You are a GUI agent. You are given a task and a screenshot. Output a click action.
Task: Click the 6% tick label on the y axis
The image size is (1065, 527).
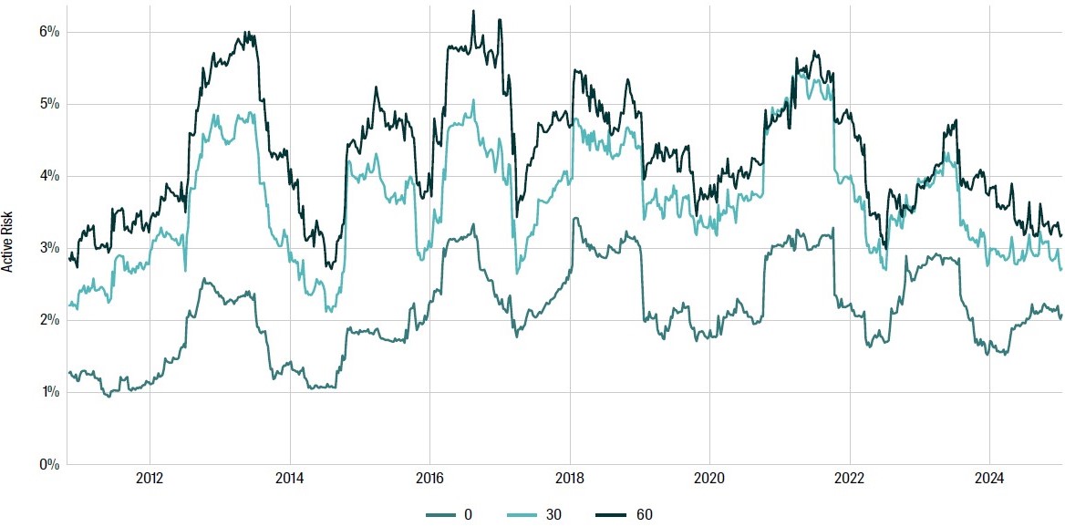coord(48,32)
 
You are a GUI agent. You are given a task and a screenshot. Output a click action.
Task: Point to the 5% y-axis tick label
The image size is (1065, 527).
coord(48,104)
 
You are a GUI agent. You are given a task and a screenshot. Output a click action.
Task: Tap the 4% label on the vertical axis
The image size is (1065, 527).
coord(48,176)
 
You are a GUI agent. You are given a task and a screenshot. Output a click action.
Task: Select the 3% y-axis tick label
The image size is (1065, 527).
coord(48,248)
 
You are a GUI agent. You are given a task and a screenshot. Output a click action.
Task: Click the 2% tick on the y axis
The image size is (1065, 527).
coord(48,320)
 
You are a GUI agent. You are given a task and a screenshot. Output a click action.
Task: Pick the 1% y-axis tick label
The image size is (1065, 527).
coord(48,392)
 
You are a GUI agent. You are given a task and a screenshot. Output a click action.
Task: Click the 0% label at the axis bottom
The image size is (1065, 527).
coord(48,464)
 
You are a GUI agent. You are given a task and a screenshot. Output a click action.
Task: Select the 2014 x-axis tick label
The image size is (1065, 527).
coord(289,478)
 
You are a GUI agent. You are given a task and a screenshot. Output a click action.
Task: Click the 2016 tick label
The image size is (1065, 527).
coord(429,478)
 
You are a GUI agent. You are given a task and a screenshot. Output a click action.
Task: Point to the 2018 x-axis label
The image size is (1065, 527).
coord(570,478)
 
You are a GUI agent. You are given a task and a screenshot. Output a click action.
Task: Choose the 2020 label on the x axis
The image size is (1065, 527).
coord(709,478)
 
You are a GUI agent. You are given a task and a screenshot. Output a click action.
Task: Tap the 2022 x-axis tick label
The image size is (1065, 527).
coord(850,478)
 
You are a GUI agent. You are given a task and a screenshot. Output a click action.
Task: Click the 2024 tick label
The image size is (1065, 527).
coord(990,478)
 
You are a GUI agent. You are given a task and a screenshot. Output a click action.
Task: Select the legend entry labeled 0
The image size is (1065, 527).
coord(468,514)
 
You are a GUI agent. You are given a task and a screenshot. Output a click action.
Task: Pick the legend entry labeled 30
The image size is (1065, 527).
coord(553,514)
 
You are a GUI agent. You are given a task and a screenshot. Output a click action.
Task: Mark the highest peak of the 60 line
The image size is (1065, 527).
coord(473,11)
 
